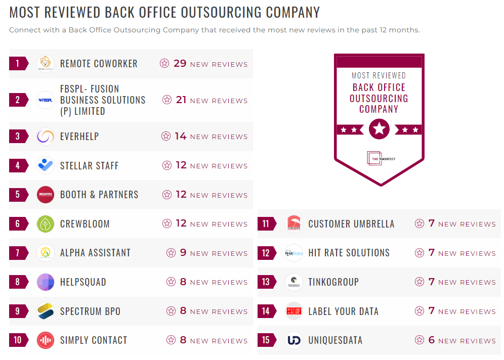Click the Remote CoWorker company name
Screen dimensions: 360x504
[x=99, y=64]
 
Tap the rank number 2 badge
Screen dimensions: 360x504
[x=18, y=100]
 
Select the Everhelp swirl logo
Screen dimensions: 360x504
[x=46, y=137]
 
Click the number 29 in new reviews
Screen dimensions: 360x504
[x=180, y=64]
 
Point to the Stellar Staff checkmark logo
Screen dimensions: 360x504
[x=46, y=165]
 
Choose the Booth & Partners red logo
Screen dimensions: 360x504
[x=46, y=195]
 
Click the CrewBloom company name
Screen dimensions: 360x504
[x=85, y=224]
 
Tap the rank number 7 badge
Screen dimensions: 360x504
[x=18, y=253]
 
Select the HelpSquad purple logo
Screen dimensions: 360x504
[x=46, y=282]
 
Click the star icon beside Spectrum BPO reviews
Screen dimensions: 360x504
[x=171, y=311]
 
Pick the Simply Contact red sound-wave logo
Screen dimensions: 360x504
[x=46, y=340]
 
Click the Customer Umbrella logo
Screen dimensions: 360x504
[x=294, y=223]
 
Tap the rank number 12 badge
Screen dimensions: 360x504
[x=266, y=253]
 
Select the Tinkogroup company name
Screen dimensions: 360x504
[x=333, y=282]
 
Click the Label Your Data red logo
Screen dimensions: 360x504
[x=294, y=311]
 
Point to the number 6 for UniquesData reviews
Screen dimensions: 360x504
[x=432, y=340]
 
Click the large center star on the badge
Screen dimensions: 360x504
[x=379, y=129]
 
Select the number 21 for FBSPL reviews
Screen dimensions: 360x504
[x=182, y=100]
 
